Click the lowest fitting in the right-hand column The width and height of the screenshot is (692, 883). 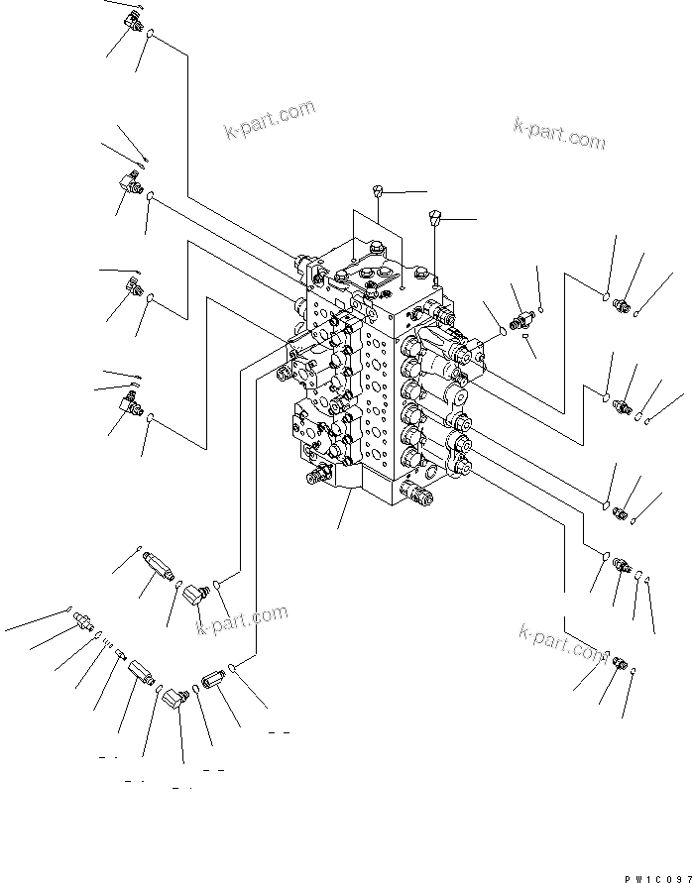[617, 662]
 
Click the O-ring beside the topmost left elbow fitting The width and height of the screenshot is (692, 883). [151, 37]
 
